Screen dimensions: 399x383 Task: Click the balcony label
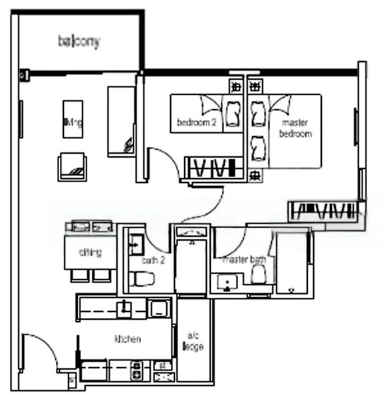click(x=78, y=42)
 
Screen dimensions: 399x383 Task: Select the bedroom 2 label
click(x=197, y=122)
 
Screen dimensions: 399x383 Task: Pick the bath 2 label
click(x=150, y=261)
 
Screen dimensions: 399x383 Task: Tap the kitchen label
click(x=128, y=339)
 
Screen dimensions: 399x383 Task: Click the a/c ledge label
click(x=193, y=342)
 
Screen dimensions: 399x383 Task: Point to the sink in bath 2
click(x=136, y=241)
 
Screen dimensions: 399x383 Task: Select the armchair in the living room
click(x=72, y=166)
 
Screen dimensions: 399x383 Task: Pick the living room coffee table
click(x=72, y=119)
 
